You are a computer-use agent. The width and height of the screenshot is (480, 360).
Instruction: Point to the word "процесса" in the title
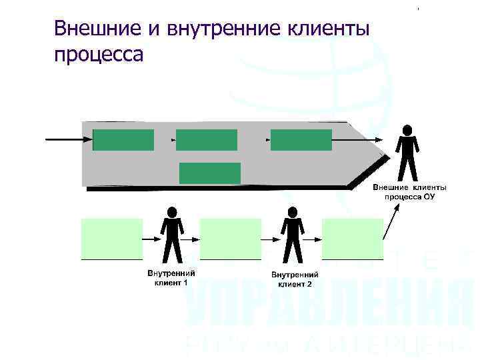point(99,53)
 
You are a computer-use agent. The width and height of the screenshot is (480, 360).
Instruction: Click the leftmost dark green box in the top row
point(123,140)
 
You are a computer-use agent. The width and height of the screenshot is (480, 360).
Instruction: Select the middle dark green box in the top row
point(206,140)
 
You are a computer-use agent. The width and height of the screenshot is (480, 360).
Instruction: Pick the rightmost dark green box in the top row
point(301,140)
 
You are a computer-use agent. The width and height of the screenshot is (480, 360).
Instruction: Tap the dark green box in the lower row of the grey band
point(209,173)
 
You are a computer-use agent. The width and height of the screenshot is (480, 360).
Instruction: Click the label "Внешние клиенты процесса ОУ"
point(409,193)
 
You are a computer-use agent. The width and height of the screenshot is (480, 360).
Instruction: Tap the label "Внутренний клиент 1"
point(171,277)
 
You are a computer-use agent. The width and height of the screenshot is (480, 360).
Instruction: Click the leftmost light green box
point(111,238)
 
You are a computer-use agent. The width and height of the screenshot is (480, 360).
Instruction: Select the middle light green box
point(230,238)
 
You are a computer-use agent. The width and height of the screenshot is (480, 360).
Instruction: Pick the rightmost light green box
point(352,238)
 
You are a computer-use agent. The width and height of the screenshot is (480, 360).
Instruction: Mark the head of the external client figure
point(407,129)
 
